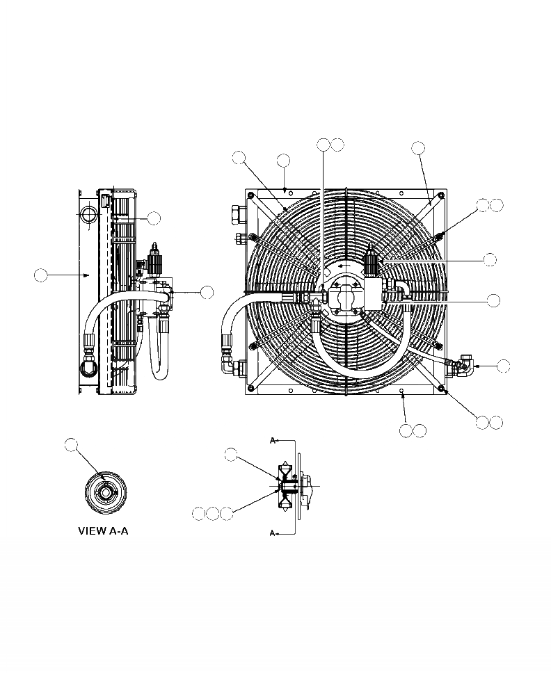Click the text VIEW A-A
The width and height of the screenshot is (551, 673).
(103, 531)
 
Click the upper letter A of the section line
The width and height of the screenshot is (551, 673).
(272, 440)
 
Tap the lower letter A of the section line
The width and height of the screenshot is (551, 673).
(272, 533)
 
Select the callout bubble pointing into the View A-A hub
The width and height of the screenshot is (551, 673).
(71, 445)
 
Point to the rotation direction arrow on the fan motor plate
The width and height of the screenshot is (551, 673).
(344, 266)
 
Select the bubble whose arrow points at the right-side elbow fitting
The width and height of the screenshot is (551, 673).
(503, 366)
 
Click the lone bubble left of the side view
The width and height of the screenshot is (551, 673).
(41, 275)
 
